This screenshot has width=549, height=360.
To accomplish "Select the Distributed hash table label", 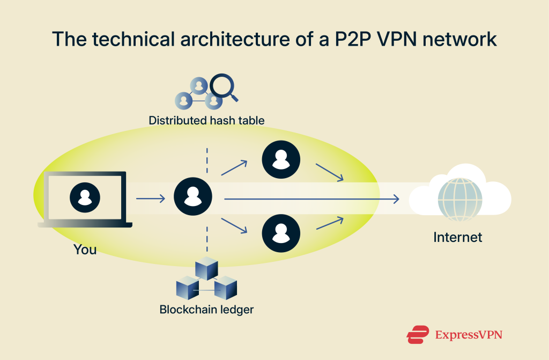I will [206, 120].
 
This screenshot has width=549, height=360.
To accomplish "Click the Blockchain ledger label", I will [206, 310].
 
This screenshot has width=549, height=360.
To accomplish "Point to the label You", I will [85, 249].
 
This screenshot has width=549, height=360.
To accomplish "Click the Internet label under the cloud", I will [457, 237].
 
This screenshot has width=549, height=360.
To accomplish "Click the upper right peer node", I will [280, 159].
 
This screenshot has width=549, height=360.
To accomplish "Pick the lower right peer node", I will [280, 232].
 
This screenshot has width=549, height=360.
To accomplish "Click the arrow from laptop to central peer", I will [151, 199].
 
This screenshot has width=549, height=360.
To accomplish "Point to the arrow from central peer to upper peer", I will [234, 167].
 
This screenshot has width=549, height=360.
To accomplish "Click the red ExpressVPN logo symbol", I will [418, 335].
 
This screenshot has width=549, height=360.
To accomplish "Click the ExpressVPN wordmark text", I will [469, 335].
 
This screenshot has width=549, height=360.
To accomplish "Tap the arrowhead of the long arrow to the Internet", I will [396, 199].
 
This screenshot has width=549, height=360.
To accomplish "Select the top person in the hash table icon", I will [199, 85].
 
